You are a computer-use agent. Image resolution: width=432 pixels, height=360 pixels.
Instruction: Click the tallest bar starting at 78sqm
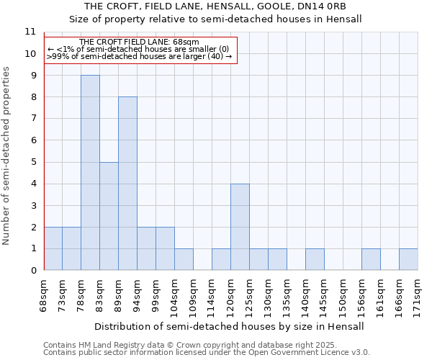point(90,173)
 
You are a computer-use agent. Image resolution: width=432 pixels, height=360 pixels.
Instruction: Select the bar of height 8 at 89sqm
point(127,184)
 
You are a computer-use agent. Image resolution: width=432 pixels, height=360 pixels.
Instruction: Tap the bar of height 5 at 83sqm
point(109,216)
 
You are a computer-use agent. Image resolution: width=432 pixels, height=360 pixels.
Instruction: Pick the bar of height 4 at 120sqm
point(240,227)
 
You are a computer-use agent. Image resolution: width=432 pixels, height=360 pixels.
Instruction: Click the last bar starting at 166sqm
point(408,259)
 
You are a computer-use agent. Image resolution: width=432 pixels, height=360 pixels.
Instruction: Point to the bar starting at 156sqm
point(371,259)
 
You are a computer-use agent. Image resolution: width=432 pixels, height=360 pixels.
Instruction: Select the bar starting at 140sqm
point(315,259)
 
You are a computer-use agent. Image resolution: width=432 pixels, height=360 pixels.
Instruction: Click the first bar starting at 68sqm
point(53,248)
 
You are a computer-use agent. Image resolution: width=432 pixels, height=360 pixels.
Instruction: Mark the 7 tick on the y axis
point(32,119)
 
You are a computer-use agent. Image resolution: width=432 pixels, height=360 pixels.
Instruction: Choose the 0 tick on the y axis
point(32,271)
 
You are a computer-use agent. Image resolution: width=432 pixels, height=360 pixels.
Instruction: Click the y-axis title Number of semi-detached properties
point(7,156)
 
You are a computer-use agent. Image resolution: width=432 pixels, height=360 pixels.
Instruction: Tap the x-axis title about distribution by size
point(229,326)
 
